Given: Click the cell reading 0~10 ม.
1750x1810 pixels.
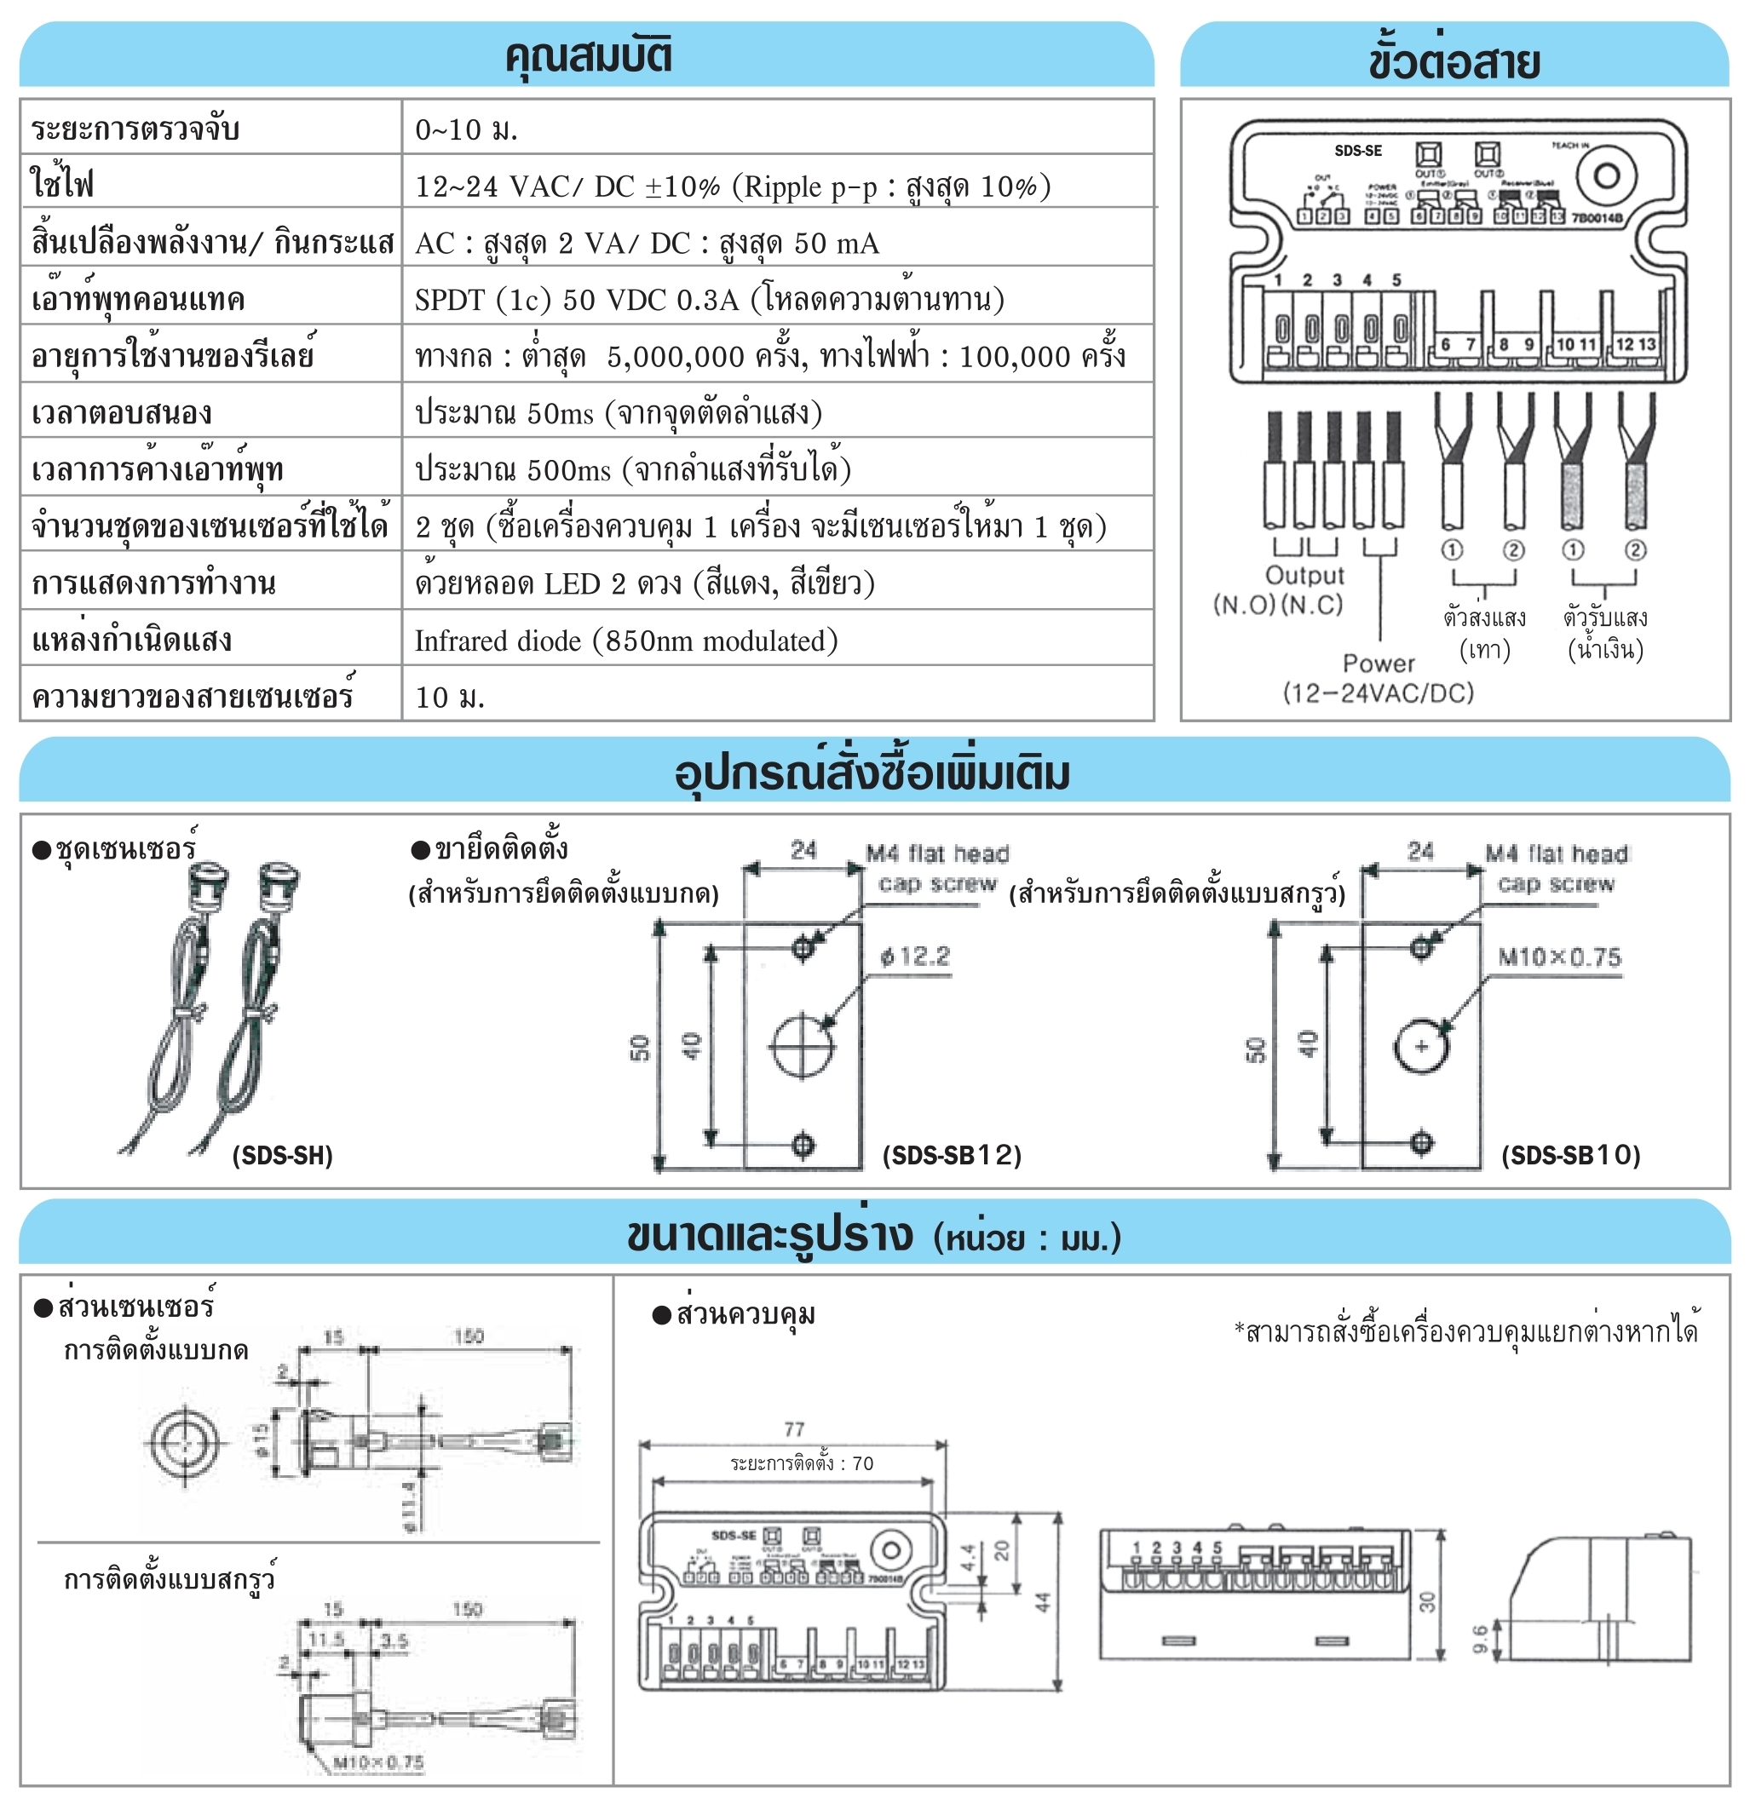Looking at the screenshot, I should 466,129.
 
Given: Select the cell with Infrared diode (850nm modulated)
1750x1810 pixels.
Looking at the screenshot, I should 626,641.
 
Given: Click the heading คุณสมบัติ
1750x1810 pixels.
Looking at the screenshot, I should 587,55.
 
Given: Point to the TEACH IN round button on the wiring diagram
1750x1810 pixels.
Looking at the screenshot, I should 1606,175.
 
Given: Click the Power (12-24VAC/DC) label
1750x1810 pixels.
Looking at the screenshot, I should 1378,678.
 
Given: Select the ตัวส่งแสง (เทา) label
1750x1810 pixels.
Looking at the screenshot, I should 1484,634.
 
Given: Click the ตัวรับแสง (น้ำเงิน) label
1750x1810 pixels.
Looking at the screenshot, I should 1605,634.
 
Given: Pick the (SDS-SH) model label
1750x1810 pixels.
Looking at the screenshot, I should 282,1155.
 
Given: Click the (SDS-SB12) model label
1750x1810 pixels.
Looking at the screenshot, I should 951,1155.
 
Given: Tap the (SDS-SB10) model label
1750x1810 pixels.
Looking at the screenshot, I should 1570,1155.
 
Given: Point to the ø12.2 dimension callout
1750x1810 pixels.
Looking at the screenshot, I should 915,956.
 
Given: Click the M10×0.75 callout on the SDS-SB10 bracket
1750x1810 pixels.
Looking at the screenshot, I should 1559,957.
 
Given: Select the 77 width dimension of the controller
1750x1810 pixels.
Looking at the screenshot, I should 794,1429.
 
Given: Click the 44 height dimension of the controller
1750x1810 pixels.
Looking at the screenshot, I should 1044,1601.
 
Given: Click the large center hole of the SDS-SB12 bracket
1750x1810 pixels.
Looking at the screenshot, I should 803,1046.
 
